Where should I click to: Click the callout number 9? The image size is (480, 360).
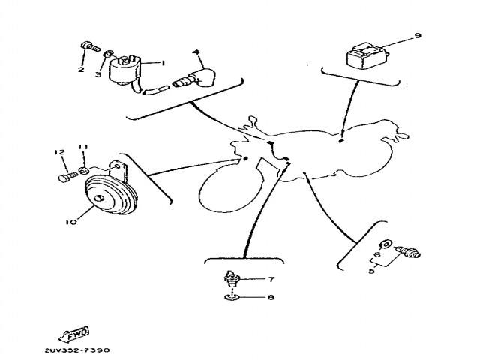coord(418,35)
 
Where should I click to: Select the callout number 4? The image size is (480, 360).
coord(195,52)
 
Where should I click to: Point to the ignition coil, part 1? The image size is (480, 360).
coord(126,70)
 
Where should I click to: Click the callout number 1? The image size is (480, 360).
coord(162,63)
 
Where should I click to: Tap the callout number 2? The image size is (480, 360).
coord(80,70)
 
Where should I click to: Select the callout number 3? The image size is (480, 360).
coord(97,74)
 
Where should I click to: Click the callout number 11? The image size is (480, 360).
coord(83,147)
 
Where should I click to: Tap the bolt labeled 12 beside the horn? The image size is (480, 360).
coord(64,178)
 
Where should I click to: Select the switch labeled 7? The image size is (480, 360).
coord(232,281)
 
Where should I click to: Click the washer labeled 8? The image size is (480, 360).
coord(232,298)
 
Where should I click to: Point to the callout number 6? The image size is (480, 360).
coord(377,254)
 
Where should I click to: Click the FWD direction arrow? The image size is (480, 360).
coord(73,332)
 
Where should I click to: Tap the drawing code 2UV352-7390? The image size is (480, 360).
coord(76,350)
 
